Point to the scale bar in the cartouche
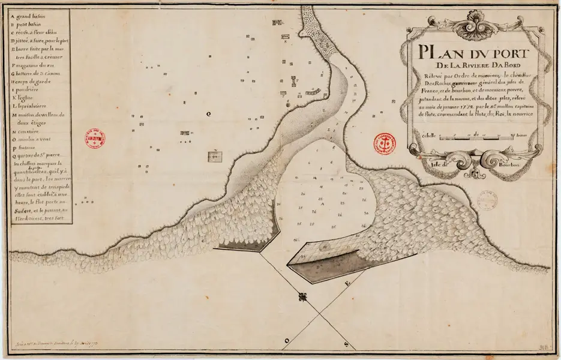pyautogui.click(x=474, y=139)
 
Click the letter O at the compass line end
pyautogui.click(x=287, y=340)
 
